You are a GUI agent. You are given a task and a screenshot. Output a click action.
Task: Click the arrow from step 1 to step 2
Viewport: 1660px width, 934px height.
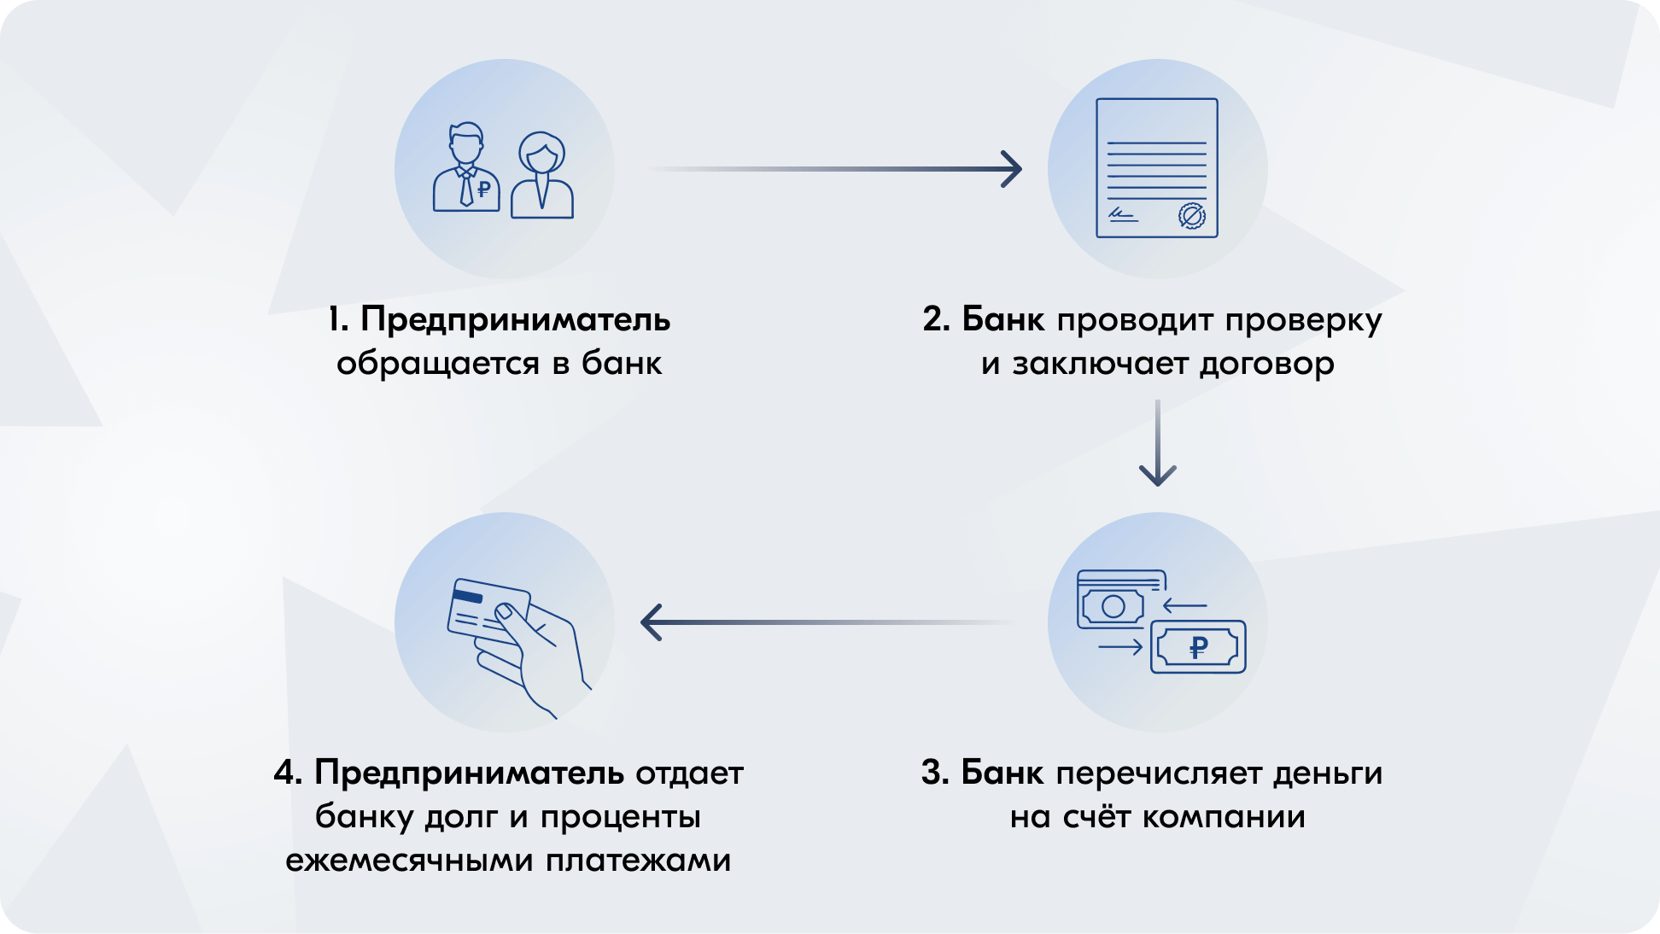(837, 169)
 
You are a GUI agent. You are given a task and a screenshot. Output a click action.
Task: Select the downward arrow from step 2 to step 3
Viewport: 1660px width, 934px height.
(1157, 444)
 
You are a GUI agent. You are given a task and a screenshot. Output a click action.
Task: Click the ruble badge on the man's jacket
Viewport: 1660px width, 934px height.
(484, 189)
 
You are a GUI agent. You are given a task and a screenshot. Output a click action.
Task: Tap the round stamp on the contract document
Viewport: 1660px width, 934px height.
(1191, 216)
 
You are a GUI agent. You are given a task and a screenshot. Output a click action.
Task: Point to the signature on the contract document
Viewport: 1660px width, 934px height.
(1122, 214)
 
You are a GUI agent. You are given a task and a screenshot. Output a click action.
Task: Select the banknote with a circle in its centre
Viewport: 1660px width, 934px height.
(1113, 606)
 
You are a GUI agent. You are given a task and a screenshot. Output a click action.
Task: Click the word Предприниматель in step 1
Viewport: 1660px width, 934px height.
(515, 320)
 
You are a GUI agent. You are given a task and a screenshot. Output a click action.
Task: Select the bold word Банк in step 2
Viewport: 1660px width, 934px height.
(1002, 320)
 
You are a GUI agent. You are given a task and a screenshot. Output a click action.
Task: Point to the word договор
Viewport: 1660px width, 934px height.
(1266, 364)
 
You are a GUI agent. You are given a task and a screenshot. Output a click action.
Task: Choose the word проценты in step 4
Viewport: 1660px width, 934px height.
(621, 817)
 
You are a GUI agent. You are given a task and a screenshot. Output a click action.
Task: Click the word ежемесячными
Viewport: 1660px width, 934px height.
(406, 860)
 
